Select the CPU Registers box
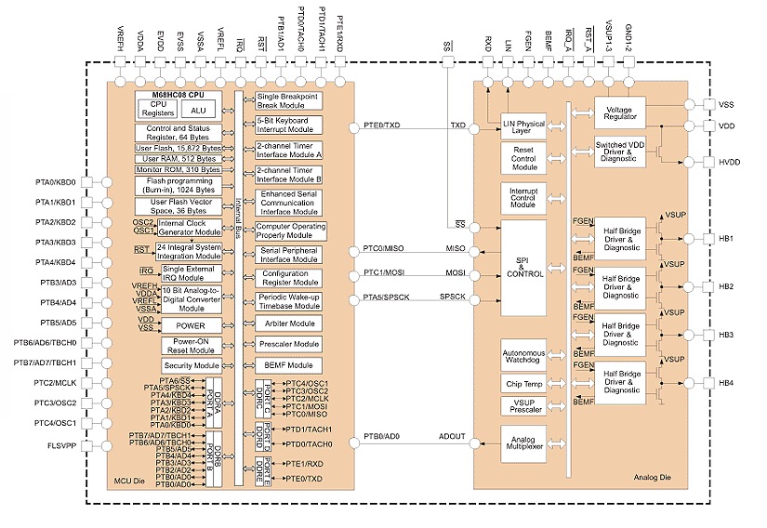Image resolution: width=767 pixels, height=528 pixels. tap(158, 109)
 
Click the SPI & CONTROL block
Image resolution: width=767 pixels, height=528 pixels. tap(523, 268)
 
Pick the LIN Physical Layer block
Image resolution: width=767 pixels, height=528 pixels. tap(523, 127)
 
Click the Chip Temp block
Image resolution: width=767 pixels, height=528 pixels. tap(523, 383)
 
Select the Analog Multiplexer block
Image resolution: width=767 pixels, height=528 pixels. tap(523, 442)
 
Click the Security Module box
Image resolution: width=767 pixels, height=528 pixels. tap(191, 366)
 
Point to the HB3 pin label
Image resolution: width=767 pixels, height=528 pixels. tap(726, 334)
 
